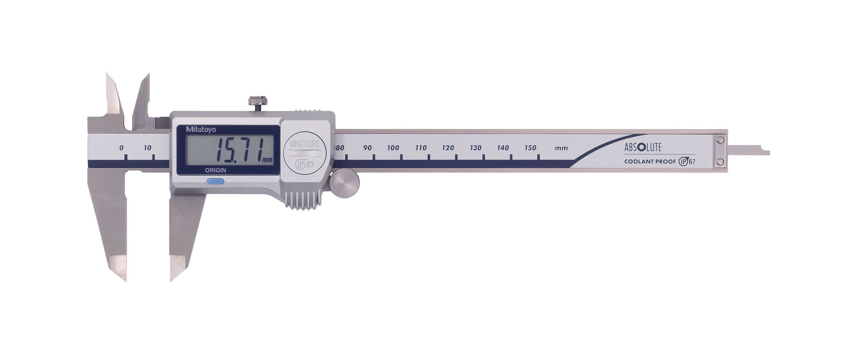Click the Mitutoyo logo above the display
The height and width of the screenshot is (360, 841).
[x=198, y=129]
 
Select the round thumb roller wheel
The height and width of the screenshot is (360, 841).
[x=344, y=182]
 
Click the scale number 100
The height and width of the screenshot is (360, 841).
[x=393, y=148]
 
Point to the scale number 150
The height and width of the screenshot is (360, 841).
[x=530, y=148]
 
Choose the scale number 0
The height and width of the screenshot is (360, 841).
[x=121, y=148]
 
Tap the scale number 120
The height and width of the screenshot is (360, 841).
[x=448, y=148]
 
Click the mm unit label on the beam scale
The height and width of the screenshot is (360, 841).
[x=561, y=148]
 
